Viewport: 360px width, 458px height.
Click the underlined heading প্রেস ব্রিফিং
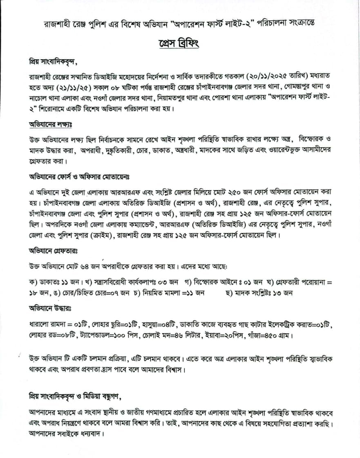tap(179, 43)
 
